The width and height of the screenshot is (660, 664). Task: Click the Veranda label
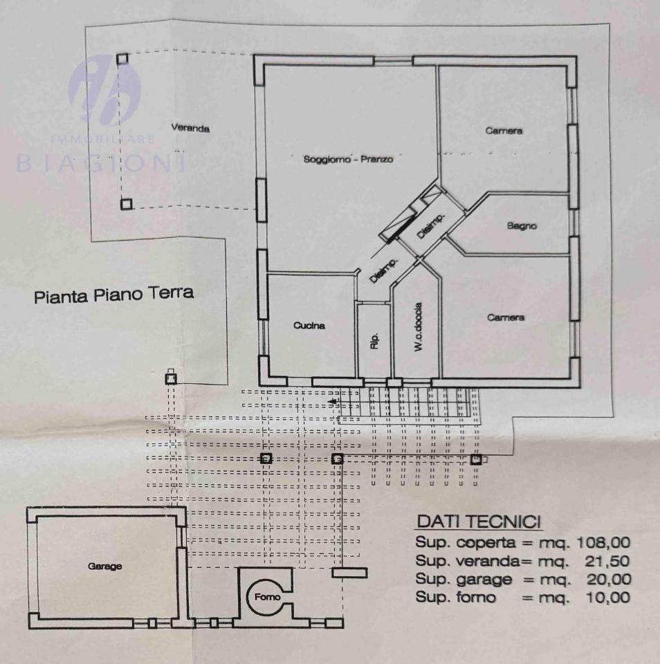tap(190, 128)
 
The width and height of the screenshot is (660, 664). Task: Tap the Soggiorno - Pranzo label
tap(348, 159)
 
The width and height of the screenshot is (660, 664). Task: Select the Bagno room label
tap(522, 225)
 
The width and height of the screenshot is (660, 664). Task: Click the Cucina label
tap(309, 326)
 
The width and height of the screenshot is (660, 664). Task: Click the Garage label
tap(105, 566)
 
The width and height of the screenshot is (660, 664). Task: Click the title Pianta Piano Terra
tap(114, 296)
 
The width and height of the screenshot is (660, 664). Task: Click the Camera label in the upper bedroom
tap(504, 131)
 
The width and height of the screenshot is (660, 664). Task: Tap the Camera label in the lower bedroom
tap(505, 317)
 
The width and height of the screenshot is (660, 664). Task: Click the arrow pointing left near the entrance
tap(333, 402)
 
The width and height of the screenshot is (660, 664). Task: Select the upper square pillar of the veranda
tap(122, 59)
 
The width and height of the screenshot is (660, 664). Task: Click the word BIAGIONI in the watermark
tap(101, 163)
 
